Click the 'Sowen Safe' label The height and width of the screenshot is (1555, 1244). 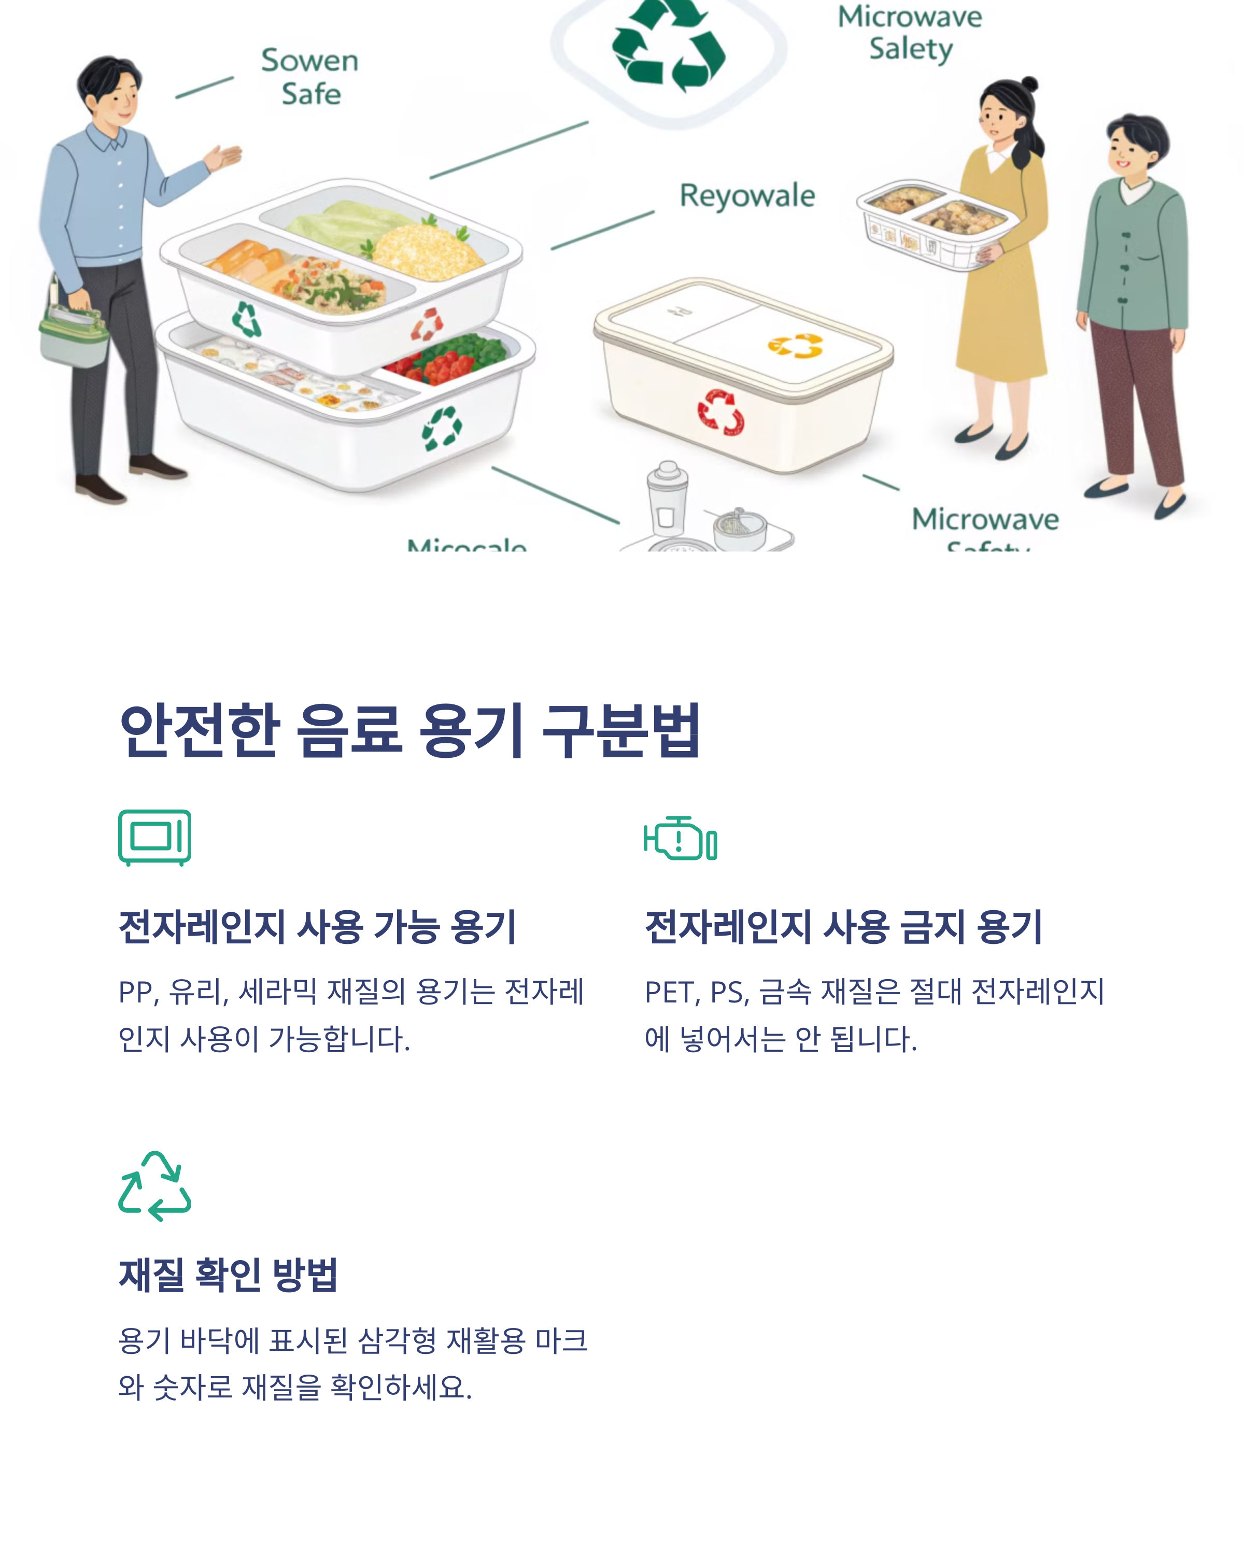click(309, 76)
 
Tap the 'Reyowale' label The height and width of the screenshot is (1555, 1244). click(746, 196)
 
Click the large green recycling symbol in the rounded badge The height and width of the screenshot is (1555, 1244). click(669, 47)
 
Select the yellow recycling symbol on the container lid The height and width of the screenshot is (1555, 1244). click(796, 346)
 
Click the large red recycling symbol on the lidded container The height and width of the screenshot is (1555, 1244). click(720, 413)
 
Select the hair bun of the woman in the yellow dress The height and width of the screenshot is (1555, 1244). click(1030, 84)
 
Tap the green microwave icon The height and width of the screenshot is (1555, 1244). click(154, 837)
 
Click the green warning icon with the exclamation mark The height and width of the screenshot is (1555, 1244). click(680, 839)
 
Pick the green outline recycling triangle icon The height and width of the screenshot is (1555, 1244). click(154, 1186)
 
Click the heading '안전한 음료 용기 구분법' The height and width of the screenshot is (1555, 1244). click(409, 731)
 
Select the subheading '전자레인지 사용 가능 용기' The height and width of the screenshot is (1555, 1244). click(317, 927)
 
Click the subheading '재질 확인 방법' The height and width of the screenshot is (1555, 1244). click(228, 1275)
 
